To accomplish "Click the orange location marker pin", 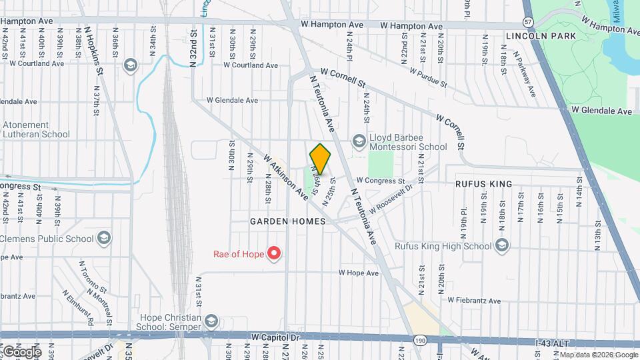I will coord(320,159).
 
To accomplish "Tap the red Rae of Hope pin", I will coord(273,253).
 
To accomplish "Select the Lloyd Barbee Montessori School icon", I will coord(359,141).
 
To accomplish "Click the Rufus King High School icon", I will coord(502,246).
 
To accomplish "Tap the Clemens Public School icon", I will coord(103,238).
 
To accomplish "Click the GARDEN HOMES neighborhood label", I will coord(288,221).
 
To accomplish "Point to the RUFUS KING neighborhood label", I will coord(484,184).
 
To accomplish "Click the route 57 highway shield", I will coord(528,21).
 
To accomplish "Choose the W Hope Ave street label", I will coord(358,273).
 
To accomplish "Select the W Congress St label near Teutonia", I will coord(380,181).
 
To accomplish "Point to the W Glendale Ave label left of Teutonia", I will coord(232,100).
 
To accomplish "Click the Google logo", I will coord(22,351).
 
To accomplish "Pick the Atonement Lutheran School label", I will coord(36,129).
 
